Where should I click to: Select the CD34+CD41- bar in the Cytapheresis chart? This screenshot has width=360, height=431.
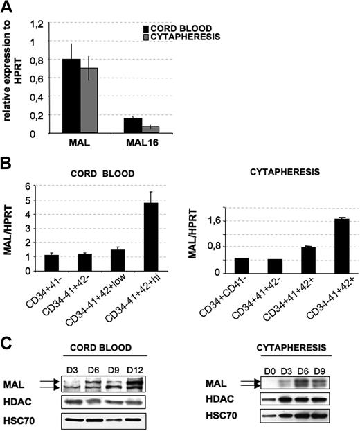[x=261, y=265]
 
